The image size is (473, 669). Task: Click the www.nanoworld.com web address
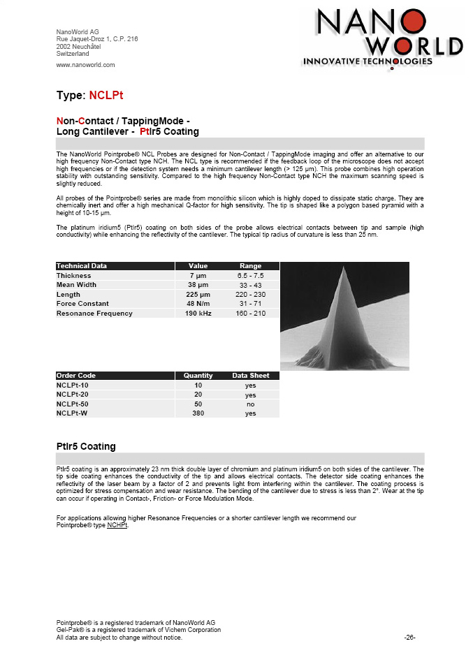click(85, 65)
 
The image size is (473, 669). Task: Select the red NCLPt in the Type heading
click(106, 96)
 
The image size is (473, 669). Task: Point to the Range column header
click(250, 266)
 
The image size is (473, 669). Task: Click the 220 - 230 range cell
click(250, 295)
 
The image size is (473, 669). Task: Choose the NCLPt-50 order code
click(73, 404)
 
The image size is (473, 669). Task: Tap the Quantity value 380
click(198, 413)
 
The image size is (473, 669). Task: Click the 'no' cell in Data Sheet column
click(250, 404)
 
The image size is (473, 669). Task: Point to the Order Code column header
click(76, 376)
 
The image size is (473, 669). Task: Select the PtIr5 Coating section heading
click(86, 446)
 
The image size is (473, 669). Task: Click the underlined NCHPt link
click(117, 525)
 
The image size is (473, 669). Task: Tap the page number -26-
click(410, 638)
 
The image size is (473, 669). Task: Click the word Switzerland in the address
click(73, 53)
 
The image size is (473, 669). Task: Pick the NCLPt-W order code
click(72, 413)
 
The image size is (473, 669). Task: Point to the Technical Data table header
click(82, 266)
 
